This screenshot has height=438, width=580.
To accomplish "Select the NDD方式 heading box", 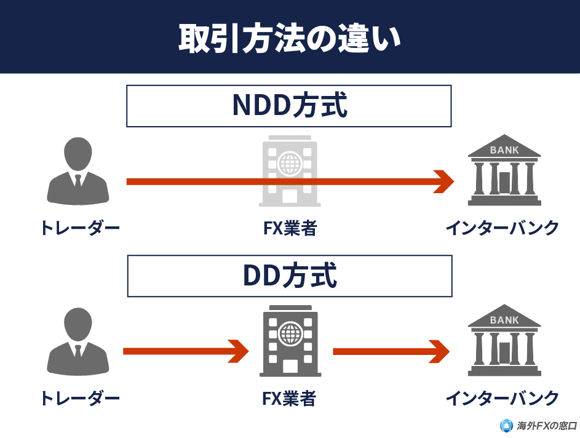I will click(x=289, y=106).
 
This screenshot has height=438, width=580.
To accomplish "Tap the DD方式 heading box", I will click(x=289, y=276).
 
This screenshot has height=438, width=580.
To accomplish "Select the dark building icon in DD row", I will click(x=289, y=341).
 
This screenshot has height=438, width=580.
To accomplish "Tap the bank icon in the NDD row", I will click(x=504, y=170).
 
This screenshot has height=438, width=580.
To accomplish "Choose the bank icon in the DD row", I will click(x=504, y=341).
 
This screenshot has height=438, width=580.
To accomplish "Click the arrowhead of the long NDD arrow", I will click(x=443, y=181).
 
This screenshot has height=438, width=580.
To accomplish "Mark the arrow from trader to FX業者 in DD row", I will click(x=185, y=352).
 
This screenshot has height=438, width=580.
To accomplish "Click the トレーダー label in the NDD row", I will click(x=79, y=229).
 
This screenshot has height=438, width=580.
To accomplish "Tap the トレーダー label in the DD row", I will click(x=79, y=399).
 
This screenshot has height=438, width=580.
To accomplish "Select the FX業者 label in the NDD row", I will click(x=289, y=229).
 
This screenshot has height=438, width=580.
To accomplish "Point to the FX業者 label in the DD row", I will click(x=289, y=399).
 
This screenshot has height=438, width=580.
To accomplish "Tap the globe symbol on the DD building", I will click(x=289, y=334).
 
